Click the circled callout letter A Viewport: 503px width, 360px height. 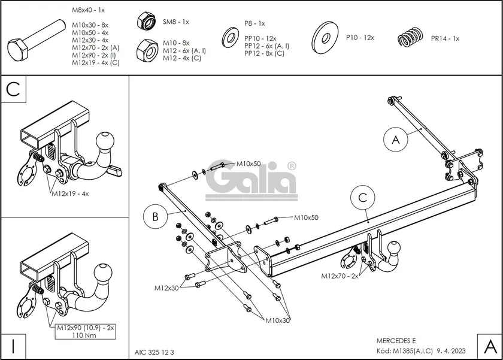click(395, 140)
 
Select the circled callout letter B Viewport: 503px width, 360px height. click(154, 217)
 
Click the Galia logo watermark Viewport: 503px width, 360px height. click(251, 179)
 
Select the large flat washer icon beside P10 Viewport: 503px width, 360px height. click(325, 38)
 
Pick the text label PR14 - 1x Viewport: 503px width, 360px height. click(445, 38)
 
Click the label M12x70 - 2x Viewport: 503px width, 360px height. click(339, 276)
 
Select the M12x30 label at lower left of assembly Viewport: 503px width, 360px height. click(167, 288)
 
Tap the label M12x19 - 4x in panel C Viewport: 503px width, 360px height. click(69, 193)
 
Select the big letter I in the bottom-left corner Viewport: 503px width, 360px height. click(13, 346)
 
